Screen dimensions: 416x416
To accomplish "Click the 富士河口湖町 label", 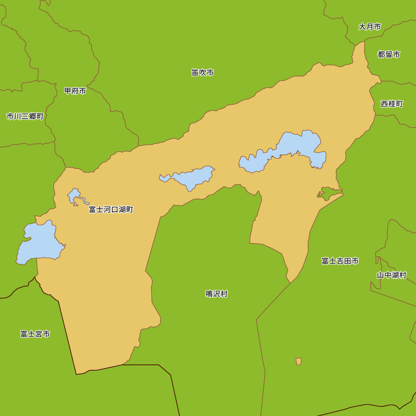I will (111, 210).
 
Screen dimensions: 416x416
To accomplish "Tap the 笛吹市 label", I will (203, 73).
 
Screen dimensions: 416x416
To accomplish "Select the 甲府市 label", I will (75, 91).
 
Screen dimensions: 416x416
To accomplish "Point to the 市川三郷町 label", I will (25, 116).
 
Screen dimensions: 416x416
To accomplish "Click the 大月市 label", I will (370, 27).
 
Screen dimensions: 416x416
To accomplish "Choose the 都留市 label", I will (389, 54).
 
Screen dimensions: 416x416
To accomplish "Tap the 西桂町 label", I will (392, 104).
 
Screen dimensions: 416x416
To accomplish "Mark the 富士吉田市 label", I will (340, 261).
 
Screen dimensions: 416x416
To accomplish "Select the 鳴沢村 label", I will (217, 294).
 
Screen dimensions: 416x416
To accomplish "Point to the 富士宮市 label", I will (35, 334).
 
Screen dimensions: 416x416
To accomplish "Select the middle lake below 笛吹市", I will (191, 177).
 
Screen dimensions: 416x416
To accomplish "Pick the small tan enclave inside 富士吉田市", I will (298, 361).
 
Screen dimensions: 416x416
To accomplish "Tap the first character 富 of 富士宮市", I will (24, 334).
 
